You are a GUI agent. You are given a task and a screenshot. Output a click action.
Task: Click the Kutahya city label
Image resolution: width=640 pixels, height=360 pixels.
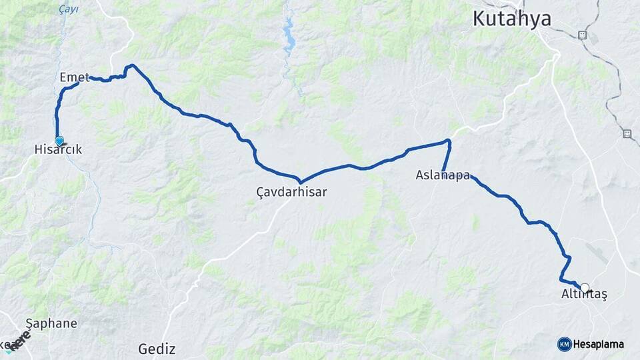click(x=511, y=19)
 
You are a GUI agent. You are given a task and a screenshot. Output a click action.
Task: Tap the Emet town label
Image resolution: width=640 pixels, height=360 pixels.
click(x=74, y=77)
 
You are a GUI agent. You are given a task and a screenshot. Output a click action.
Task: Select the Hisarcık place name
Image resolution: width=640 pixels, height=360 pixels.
click(x=58, y=151)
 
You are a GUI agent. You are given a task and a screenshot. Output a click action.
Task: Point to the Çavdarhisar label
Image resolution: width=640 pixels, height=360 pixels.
click(x=291, y=192)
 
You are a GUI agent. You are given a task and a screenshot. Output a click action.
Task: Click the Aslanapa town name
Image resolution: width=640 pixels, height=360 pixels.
click(x=443, y=176)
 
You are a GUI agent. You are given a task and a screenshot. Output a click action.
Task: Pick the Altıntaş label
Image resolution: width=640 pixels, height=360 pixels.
click(x=584, y=295)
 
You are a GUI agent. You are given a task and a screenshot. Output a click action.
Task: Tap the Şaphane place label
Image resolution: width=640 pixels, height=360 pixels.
click(x=51, y=323)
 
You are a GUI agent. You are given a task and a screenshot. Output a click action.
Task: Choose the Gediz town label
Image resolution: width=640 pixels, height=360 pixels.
click(x=157, y=348)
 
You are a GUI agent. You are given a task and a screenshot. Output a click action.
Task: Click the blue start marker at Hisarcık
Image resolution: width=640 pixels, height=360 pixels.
click(x=59, y=141)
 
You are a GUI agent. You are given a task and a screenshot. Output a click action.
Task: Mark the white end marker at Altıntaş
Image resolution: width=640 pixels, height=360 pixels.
click(x=585, y=288)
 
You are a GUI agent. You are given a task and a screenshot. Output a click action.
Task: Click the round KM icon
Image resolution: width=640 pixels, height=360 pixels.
click(x=564, y=344)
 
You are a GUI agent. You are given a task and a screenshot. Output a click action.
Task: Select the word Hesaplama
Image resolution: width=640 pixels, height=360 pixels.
click(x=599, y=344)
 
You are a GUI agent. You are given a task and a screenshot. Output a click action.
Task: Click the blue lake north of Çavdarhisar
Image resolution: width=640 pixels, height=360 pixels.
click(x=289, y=39)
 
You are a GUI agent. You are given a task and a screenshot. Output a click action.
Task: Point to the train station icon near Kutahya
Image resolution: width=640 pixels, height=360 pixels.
click(x=582, y=35)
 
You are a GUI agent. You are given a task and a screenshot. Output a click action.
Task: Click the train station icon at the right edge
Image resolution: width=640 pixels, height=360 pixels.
click(x=627, y=133)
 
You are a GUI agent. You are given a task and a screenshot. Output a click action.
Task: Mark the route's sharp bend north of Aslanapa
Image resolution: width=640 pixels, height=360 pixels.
click(x=449, y=141)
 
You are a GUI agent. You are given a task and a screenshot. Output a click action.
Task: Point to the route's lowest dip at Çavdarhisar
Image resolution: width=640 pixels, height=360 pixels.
click(x=301, y=181)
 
